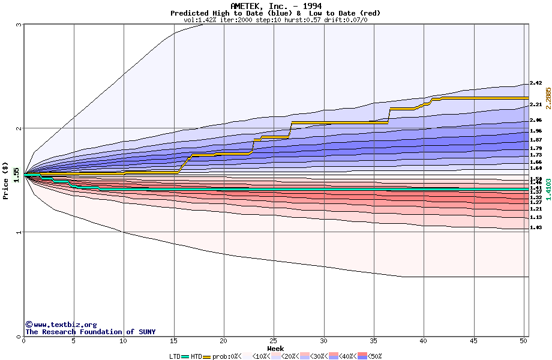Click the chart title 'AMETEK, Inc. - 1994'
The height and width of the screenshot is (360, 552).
[x=275, y=6]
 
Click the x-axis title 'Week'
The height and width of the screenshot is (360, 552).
[x=275, y=348]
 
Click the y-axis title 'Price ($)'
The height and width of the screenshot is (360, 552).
[x=6, y=181]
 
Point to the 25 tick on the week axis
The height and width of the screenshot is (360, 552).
[x=274, y=340]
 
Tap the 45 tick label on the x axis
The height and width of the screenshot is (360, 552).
[x=473, y=340]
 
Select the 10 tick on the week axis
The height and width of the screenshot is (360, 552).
[x=124, y=340]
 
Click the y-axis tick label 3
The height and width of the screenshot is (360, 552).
[x=19, y=25]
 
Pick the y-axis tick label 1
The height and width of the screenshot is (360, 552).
[x=19, y=232]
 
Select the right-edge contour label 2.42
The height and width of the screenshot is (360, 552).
[x=536, y=83]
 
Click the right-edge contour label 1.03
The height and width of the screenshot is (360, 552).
[x=536, y=228]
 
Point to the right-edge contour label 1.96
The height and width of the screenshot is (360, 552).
[x=536, y=131]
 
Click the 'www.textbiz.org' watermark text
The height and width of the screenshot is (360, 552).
[x=65, y=325]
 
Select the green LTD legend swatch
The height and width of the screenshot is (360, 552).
[x=185, y=356]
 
